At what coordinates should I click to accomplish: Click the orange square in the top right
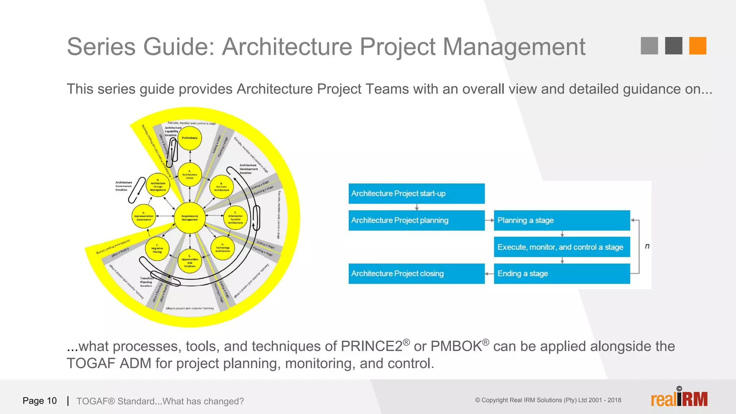pyautogui.click(x=698, y=46)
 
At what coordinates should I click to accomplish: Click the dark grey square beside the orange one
pyautogui.click(x=673, y=46)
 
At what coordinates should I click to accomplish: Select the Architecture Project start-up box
pyautogui.click(x=416, y=193)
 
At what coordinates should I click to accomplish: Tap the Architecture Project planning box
pyautogui.click(x=416, y=220)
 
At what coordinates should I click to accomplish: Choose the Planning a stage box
pyautogui.click(x=561, y=220)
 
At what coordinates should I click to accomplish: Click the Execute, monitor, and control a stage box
pyautogui.click(x=561, y=247)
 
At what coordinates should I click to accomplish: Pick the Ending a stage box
pyautogui.click(x=561, y=273)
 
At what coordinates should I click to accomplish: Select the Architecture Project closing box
pyautogui.click(x=416, y=273)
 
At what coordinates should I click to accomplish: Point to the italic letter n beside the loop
pyautogui.click(x=647, y=246)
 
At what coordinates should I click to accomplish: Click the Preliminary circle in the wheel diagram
pyautogui.click(x=190, y=138)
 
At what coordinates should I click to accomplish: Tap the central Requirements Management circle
pyautogui.click(x=190, y=218)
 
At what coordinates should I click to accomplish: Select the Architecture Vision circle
pyautogui.click(x=190, y=175)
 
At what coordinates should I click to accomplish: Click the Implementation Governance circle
pyautogui.click(x=144, y=217)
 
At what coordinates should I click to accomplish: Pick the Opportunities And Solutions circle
pyautogui.click(x=190, y=261)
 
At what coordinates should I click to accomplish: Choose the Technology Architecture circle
pyautogui.click(x=222, y=248)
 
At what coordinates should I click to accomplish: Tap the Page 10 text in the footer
pyautogui.click(x=40, y=401)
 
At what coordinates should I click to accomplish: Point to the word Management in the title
pyautogui.click(x=514, y=47)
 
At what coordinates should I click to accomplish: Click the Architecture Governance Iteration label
pyautogui.click(x=124, y=186)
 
